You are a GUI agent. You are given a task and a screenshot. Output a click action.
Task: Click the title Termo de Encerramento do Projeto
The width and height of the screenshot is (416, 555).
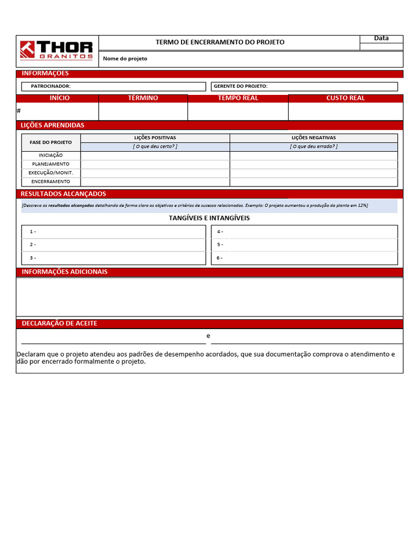(x=220, y=42)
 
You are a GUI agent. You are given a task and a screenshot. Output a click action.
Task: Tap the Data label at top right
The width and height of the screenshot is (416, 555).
(x=381, y=38)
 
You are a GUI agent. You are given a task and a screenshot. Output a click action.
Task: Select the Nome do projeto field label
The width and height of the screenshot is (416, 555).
(x=125, y=59)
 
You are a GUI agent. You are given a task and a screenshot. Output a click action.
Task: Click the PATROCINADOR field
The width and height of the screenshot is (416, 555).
(x=114, y=86)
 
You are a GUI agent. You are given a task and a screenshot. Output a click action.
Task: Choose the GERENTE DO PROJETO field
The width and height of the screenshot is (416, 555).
(x=304, y=86)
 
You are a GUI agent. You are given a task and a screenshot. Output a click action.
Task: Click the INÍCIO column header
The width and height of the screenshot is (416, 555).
(x=60, y=98)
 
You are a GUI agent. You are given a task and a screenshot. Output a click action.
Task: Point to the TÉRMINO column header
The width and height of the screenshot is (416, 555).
(x=143, y=98)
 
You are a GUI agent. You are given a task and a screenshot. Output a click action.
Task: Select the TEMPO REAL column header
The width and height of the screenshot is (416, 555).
(x=238, y=98)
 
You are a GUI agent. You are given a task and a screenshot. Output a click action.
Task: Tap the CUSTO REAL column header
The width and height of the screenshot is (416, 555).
(x=346, y=98)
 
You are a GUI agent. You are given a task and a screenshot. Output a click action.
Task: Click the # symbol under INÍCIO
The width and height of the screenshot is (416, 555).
(x=19, y=111)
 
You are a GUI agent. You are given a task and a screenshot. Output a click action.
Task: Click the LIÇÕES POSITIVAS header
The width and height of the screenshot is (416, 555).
(x=155, y=138)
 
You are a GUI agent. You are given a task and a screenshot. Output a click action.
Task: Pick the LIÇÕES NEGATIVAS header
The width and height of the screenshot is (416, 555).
(x=314, y=138)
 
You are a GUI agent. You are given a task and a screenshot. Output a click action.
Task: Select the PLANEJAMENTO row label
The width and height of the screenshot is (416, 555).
(x=51, y=164)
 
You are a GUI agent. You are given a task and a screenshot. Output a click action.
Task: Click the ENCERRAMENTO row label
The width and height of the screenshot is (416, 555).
(x=51, y=182)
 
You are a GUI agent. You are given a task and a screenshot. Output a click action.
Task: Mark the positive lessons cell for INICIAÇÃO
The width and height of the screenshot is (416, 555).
(x=155, y=156)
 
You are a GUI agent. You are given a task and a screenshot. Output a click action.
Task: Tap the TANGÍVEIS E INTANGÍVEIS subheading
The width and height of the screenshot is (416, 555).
(x=209, y=218)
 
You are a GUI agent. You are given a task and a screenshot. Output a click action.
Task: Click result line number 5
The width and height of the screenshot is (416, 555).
(x=220, y=244)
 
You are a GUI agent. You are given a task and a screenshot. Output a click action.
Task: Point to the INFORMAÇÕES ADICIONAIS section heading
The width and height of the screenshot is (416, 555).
(x=64, y=272)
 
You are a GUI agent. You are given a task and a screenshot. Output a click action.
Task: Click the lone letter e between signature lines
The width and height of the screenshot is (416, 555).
(x=209, y=336)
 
